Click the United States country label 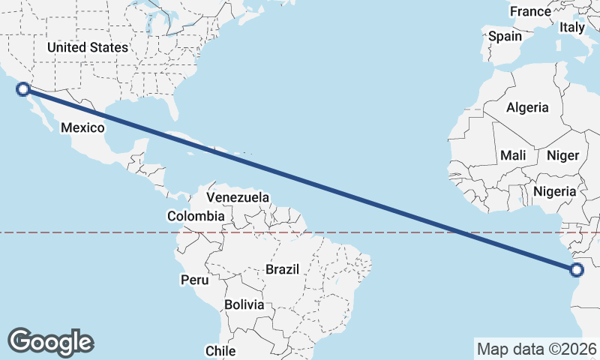click(87, 47)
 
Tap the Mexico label click(82, 127)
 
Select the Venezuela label click(238, 197)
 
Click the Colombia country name click(196, 216)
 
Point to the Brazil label click(282, 269)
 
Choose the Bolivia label click(244, 305)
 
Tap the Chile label click(220, 350)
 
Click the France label click(530, 11)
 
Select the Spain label click(505, 36)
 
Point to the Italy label click(572, 27)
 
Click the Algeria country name click(527, 107)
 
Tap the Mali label click(513, 155)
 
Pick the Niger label click(563, 155)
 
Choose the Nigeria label click(555, 191)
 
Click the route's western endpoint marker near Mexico click(23, 89)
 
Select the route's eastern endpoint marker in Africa click(577, 270)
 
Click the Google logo click(50, 341)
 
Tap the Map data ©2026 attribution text click(537, 349)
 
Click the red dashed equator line click(112, 232)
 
